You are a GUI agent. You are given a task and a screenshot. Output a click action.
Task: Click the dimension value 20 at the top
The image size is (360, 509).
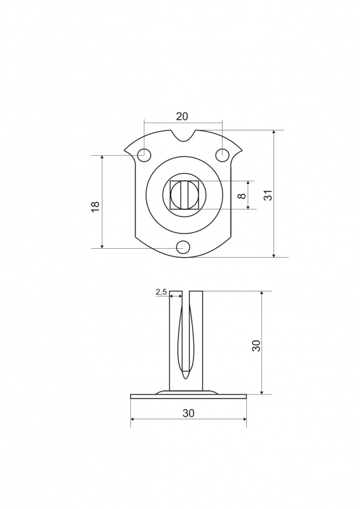(x=182, y=116)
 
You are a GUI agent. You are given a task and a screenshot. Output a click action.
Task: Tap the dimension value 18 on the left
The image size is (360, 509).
(x=95, y=206)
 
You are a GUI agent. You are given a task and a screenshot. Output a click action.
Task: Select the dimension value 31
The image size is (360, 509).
(x=268, y=195)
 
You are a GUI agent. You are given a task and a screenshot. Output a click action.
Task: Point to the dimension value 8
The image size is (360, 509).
(x=241, y=196)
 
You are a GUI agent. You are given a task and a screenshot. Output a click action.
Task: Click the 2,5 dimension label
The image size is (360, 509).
(x=161, y=292)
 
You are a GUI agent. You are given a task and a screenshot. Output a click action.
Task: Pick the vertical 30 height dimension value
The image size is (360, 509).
(x=256, y=345)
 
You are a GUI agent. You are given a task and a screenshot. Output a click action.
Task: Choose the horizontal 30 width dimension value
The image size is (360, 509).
(x=188, y=413)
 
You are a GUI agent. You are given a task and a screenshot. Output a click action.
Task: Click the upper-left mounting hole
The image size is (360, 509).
(x=144, y=155)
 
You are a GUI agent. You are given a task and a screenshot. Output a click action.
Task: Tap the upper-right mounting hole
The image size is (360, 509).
(x=222, y=154)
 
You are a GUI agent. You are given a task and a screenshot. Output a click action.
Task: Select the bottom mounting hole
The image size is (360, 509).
(x=183, y=248)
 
